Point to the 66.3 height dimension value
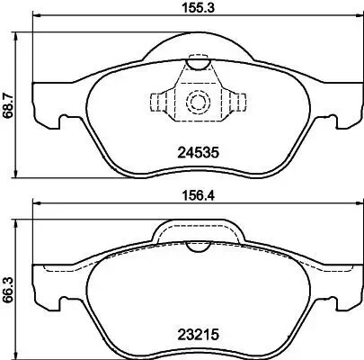[8, 279]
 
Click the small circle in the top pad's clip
[195, 101]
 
